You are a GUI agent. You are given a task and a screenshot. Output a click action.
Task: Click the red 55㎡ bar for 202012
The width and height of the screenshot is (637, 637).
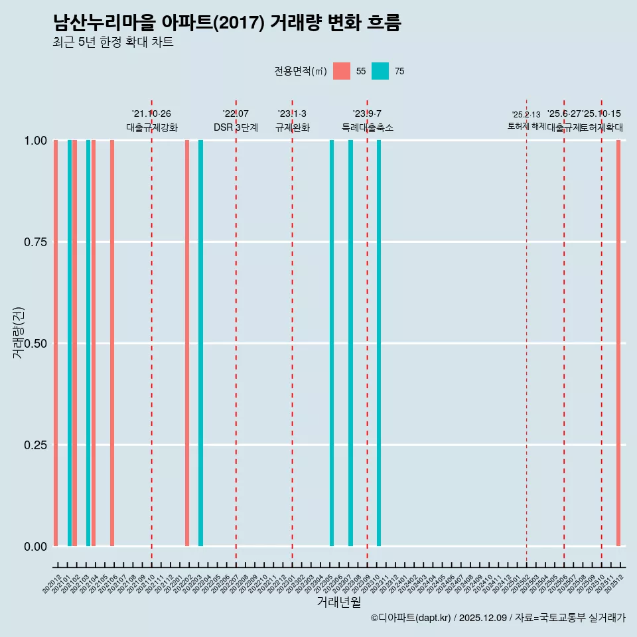[x=56, y=343]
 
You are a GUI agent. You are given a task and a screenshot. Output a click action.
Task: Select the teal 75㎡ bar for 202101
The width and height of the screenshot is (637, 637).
[x=70, y=343]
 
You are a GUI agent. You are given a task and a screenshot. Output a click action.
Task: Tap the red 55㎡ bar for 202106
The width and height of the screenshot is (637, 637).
[x=112, y=343]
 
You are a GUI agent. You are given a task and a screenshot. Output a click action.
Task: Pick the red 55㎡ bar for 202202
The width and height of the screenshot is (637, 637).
[x=187, y=343]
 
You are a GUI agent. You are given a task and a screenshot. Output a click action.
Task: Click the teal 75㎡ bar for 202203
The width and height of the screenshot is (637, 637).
[x=201, y=343]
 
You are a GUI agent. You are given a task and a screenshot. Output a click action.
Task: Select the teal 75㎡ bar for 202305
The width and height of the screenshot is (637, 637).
[x=332, y=343]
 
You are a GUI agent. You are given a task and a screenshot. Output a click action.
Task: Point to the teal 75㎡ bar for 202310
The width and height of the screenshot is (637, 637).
[x=379, y=343]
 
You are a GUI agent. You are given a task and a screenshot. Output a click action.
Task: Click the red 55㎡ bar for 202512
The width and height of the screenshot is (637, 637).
[x=618, y=343]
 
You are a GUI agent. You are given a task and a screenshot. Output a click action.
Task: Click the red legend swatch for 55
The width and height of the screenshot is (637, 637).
[x=342, y=71]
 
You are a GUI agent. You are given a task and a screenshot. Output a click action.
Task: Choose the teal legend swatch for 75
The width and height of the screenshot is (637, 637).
[x=380, y=71]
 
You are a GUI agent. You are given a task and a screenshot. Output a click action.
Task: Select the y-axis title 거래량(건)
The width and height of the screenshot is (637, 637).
[x=19, y=332]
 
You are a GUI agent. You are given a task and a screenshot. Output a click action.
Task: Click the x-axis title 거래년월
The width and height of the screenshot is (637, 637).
[x=338, y=602]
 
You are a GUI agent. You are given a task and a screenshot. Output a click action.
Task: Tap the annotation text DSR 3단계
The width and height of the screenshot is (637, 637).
[x=236, y=127]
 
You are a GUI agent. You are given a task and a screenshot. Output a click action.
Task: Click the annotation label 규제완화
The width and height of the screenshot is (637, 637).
[x=292, y=127]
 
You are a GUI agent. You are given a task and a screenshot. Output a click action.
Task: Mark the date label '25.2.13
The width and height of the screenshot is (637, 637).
[x=526, y=115]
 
